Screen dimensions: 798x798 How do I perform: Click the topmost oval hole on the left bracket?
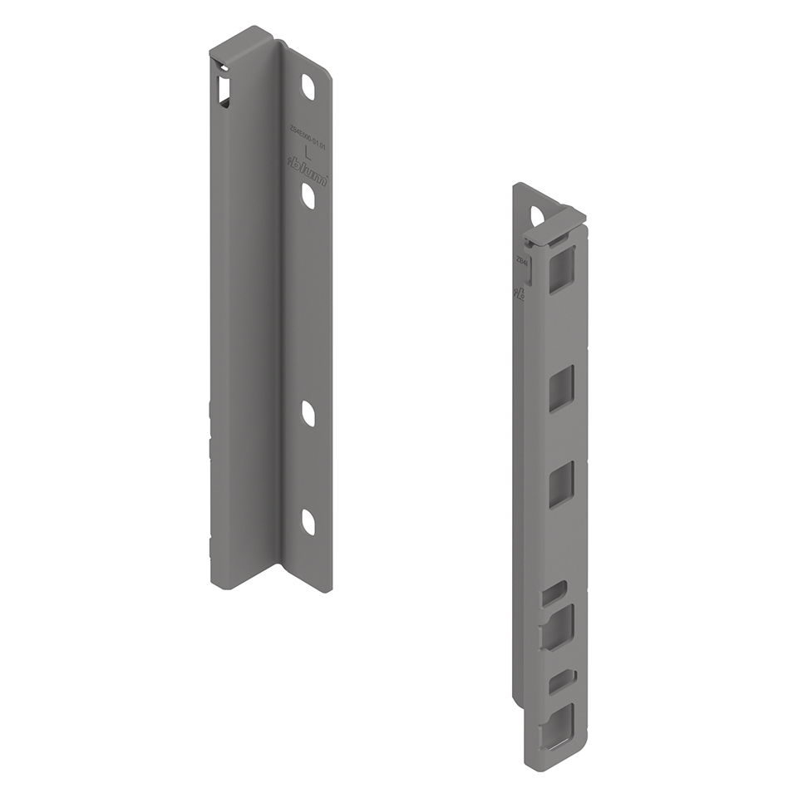click(308, 86)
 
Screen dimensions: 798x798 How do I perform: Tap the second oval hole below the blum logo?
click(308, 196)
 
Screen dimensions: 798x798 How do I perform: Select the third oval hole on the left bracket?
click(308, 413)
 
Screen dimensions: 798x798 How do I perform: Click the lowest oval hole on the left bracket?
click(308, 521)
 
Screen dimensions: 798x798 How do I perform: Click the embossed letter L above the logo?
click(308, 150)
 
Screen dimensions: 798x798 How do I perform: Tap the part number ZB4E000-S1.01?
click(308, 133)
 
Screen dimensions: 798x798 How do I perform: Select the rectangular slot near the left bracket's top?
click(224, 88)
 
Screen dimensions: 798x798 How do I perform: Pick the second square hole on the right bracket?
click(561, 389)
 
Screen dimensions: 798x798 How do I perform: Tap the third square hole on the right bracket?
click(561, 485)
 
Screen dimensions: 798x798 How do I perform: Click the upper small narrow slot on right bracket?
click(554, 594)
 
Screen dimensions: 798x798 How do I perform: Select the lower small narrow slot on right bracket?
click(559, 680)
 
